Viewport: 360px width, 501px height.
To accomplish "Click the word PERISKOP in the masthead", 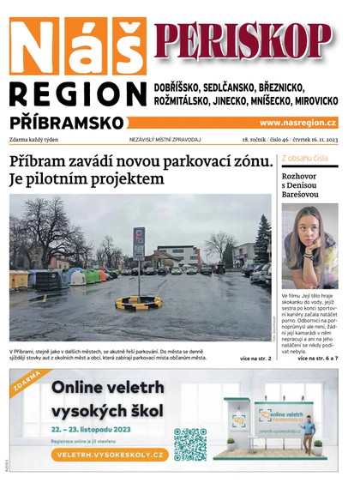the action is click(243, 39).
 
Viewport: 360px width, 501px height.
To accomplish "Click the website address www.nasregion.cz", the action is click(297, 123).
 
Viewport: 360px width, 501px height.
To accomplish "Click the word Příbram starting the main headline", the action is click(41, 161).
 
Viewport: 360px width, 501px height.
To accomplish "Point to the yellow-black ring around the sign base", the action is click(139, 302).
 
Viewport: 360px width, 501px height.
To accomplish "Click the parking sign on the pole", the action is click(139, 243).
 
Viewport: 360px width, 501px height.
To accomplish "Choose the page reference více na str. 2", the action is click(255, 358).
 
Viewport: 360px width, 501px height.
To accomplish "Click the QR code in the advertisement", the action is click(189, 444).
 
